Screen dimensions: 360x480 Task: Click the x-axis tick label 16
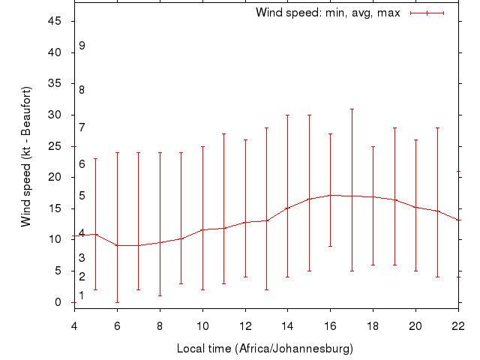[331, 325]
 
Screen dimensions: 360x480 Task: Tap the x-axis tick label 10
[202, 325]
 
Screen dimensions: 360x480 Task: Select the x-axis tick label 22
[459, 325]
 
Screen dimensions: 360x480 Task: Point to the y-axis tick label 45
[55, 21]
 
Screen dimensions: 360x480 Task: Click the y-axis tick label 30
[55, 115]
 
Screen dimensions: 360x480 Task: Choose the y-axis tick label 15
[55, 208]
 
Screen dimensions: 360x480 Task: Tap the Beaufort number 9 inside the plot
[82, 46]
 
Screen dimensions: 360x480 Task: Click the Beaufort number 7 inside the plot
[82, 127]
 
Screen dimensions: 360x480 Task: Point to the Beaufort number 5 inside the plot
[82, 196]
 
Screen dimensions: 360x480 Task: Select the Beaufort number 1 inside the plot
[82, 295]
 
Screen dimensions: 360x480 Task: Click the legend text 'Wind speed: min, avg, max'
[328, 13]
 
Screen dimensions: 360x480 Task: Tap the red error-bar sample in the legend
[427, 13]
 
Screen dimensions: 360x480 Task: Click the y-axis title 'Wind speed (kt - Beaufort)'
[26, 156]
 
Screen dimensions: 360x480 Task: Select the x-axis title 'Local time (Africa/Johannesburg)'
[265, 349]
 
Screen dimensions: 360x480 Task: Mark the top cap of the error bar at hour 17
[352, 109]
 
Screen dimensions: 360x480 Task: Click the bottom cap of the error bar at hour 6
[117, 302]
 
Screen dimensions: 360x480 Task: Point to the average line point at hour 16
[331, 195]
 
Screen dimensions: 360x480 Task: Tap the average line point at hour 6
[117, 245]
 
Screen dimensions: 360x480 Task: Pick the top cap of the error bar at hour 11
[223, 133]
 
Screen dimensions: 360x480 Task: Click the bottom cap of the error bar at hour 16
[331, 246]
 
